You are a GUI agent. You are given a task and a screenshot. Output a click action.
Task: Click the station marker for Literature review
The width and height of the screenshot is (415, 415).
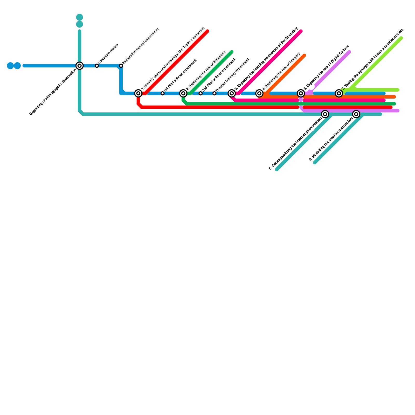[97, 66]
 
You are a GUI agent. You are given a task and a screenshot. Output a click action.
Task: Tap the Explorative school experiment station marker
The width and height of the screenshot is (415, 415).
[121, 66]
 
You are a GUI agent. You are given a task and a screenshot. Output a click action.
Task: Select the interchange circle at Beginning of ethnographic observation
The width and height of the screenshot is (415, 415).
[80, 66]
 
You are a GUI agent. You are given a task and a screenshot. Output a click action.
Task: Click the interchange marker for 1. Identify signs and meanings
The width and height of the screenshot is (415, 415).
[139, 93]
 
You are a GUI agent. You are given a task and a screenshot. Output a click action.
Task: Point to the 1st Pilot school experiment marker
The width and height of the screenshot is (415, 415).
[162, 93]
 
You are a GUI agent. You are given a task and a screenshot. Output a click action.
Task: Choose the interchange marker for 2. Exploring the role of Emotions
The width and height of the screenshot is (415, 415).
[183, 93]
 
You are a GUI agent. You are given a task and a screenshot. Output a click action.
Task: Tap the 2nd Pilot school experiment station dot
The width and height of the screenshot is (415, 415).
[200, 93]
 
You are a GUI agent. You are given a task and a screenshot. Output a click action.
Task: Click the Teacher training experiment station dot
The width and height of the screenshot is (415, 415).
[214, 93]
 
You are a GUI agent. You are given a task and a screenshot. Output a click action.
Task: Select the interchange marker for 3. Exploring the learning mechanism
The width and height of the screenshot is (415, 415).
[232, 93]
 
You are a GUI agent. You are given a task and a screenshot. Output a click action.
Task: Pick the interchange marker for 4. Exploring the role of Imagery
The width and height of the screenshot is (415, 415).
[259, 93]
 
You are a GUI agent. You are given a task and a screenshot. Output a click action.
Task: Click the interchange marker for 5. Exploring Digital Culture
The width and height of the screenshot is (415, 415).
[301, 93]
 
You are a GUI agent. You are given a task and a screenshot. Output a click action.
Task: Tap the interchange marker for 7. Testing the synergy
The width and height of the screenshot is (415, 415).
[339, 93]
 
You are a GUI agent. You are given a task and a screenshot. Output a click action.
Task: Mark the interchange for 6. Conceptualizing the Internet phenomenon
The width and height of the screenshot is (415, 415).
[325, 114]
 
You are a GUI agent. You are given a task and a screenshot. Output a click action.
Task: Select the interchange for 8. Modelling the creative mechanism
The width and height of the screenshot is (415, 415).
[356, 114]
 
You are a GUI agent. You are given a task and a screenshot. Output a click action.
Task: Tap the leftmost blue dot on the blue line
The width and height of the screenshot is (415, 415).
[10, 66]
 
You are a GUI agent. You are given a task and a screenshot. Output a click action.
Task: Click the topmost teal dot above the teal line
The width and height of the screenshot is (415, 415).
[80, 17]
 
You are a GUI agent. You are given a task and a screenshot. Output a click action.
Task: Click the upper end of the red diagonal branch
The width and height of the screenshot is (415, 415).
[208, 32]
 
